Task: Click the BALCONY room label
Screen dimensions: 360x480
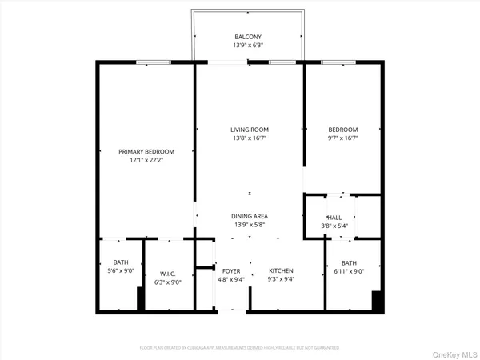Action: pyautogui.click(x=247, y=38)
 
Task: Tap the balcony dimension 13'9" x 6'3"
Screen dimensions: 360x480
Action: pyautogui.click(x=247, y=46)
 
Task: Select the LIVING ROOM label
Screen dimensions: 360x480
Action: pyautogui.click(x=250, y=130)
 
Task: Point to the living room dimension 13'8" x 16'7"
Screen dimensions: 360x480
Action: pyautogui.click(x=250, y=138)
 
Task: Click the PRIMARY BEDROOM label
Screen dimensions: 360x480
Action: pyautogui.click(x=146, y=151)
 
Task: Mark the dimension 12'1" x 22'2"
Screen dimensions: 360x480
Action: pyautogui.click(x=146, y=160)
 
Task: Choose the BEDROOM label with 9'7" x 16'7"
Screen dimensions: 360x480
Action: pyautogui.click(x=343, y=130)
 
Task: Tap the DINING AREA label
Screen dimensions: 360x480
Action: pyautogui.click(x=250, y=217)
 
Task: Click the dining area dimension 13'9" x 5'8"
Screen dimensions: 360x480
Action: pyautogui.click(x=250, y=225)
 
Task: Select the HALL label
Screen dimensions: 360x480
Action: pyautogui.click(x=334, y=218)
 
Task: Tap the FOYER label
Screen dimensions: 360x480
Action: pyautogui.click(x=232, y=270)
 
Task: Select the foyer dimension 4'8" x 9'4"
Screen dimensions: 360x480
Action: pyautogui.click(x=232, y=279)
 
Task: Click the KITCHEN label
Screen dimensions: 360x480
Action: pyautogui.click(x=281, y=270)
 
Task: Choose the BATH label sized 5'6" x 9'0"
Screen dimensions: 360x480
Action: pyautogui.click(x=121, y=262)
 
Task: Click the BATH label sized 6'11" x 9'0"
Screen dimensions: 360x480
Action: pyautogui.click(x=349, y=263)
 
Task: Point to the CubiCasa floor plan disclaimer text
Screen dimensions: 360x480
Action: pyautogui.click(x=239, y=348)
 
